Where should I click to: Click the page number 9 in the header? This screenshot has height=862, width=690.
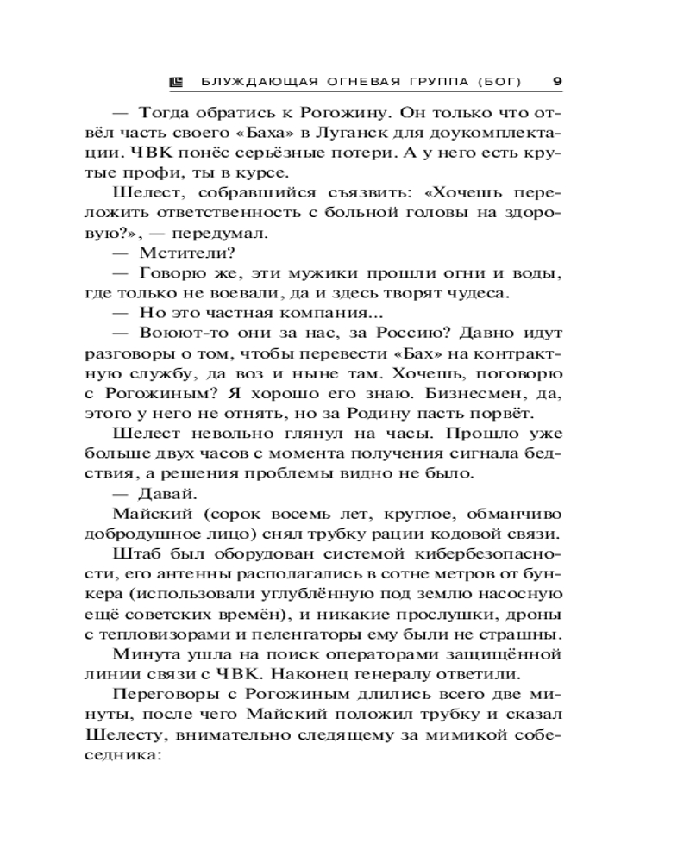coord(556,82)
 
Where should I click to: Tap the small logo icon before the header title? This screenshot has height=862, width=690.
coord(176,82)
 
